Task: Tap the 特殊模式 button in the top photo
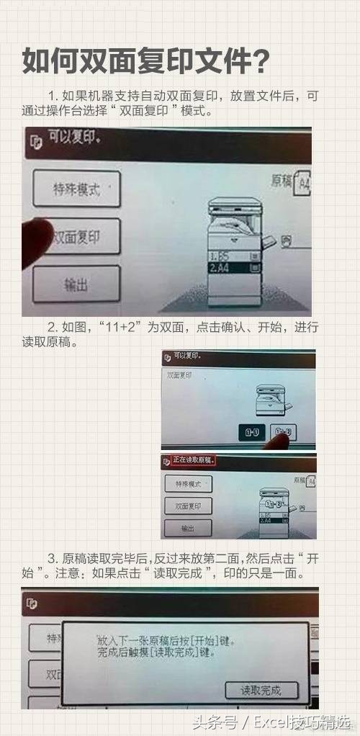(76, 189)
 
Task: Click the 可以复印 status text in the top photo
(74, 138)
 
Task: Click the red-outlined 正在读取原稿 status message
(194, 459)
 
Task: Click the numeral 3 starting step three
(51, 559)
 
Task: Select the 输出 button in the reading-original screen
(188, 528)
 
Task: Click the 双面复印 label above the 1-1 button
(180, 374)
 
